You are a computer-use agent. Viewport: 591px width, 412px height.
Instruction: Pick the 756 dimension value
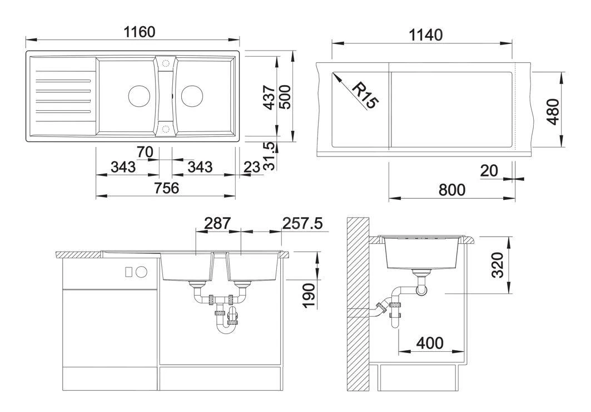coord(166,188)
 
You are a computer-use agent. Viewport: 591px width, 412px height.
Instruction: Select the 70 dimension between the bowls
coord(145,151)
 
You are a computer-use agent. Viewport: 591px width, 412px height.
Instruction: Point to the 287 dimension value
coord(217,223)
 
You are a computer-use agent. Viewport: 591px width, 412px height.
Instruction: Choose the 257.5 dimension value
coord(302,223)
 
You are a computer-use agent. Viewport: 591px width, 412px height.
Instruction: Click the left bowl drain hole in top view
coord(138,96)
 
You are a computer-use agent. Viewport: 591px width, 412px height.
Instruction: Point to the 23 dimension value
coord(252,166)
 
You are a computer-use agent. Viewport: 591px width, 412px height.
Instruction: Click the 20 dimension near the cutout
coord(489,171)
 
